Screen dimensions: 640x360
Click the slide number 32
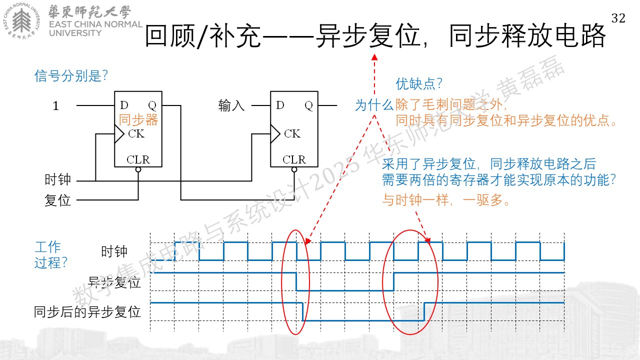(618, 18)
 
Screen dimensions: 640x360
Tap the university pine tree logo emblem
(21, 21)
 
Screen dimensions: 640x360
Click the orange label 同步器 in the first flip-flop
(138, 119)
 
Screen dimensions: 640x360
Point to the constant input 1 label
(55, 105)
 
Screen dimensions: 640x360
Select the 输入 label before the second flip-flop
(231, 105)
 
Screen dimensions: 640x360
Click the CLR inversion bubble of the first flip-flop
(138, 169)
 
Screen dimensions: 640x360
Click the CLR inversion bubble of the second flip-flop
(294, 169)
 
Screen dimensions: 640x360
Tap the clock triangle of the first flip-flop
(119, 133)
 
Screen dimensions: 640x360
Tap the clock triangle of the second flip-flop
(275, 133)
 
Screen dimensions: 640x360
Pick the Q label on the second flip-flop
(308, 105)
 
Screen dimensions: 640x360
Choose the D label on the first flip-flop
(124, 105)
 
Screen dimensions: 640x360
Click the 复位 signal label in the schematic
(57, 200)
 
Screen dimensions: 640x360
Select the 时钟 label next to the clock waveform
(114, 251)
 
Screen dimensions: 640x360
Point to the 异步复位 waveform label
(114, 282)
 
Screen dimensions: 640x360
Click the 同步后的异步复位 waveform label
(87, 311)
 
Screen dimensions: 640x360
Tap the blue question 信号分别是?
(71, 76)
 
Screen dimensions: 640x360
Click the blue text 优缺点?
(419, 84)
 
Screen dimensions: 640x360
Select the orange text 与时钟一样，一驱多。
(446, 199)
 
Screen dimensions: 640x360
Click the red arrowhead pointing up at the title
(374, 57)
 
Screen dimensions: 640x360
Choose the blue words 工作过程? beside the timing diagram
(51, 255)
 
